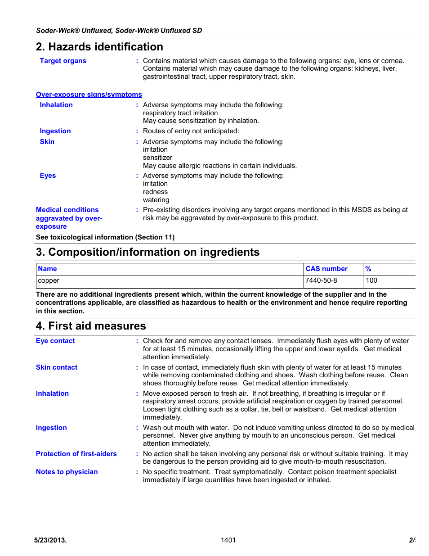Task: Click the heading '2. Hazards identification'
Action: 99,47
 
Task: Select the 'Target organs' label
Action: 63,61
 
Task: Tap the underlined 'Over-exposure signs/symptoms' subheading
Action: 89,95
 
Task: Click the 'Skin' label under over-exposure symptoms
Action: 47,142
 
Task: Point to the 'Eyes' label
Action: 48,176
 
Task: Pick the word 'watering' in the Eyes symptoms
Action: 156,200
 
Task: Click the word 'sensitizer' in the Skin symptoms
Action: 157,158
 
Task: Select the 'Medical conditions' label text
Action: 67,210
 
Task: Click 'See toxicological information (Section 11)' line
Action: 105,237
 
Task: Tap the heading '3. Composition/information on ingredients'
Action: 147,252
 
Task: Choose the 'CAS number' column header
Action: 326,269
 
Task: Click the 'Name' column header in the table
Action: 47,269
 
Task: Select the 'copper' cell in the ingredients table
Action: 49,280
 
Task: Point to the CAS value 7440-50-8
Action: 321,280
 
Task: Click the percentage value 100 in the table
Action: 371,280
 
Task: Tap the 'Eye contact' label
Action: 55,341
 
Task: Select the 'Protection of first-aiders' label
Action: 76,454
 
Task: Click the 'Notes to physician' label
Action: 67,472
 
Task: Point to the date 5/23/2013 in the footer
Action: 50,540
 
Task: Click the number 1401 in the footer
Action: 228,540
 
